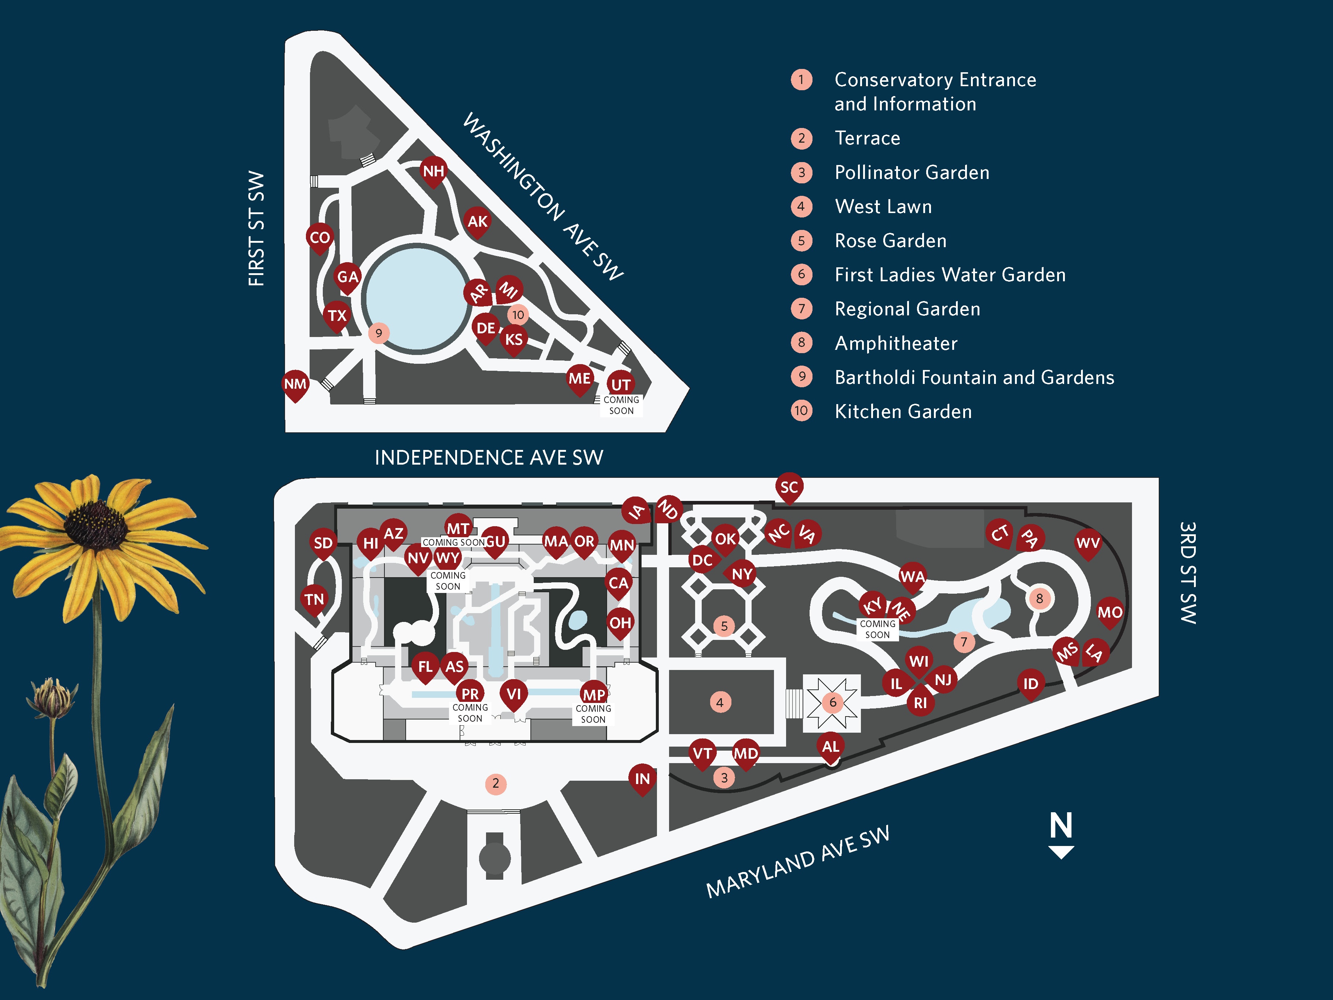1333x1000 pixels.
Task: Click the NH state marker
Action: (x=433, y=172)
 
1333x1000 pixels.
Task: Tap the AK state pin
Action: (x=477, y=222)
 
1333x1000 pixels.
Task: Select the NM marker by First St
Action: (x=295, y=384)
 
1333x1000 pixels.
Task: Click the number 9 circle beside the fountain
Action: (x=379, y=333)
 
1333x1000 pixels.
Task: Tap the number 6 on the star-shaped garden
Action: (x=833, y=702)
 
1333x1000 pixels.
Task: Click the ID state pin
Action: (x=1030, y=684)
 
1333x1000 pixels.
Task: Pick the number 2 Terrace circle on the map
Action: (x=495, y=783)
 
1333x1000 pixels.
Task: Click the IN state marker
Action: (x=642, y=779)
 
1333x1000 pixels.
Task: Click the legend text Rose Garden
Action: (x=890, y=241)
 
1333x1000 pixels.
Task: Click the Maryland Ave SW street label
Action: (x=797, y=862)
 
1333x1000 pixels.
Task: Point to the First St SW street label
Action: (x=256, y=229)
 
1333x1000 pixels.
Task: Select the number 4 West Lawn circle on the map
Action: (x=720, y=702)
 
